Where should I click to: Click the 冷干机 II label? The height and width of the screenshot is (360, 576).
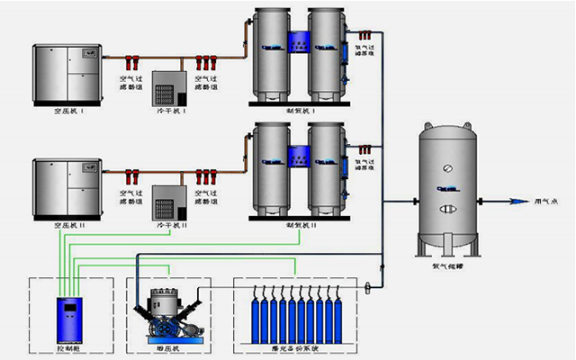[x=171, y=222]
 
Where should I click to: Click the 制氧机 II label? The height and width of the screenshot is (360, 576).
[x=298, y=224]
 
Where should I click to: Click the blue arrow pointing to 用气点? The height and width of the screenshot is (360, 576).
[x=522, y=202]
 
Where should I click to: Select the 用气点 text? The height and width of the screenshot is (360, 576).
[x=547, y=202]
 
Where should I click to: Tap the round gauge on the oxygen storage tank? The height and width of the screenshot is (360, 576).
[x=446, y=168]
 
